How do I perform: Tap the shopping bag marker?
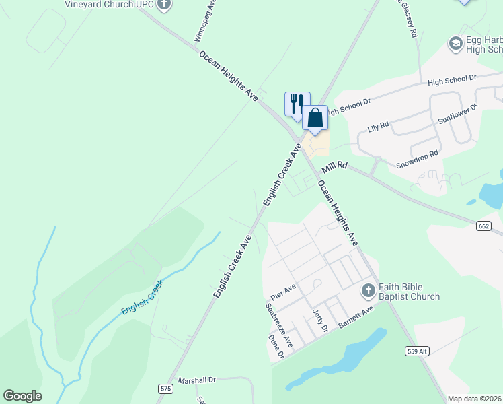(315, 119)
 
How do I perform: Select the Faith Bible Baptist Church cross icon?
(368, 291)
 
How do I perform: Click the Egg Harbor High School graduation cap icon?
(455, 44)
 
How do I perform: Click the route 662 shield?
(484, 226)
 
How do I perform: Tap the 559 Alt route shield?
(416, 351)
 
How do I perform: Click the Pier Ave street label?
(283, 294)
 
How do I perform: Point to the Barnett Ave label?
(356, 316)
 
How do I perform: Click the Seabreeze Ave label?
(279, 325)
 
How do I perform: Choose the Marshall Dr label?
(196, 380)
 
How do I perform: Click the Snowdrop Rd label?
(417, 158)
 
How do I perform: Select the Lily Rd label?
(379, 126)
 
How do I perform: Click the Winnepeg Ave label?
(204, 23)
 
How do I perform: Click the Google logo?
(22, 396)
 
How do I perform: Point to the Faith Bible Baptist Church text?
(409, 291)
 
